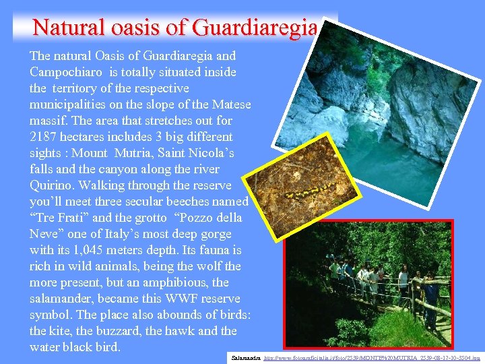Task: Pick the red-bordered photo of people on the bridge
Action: [377, 283]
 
